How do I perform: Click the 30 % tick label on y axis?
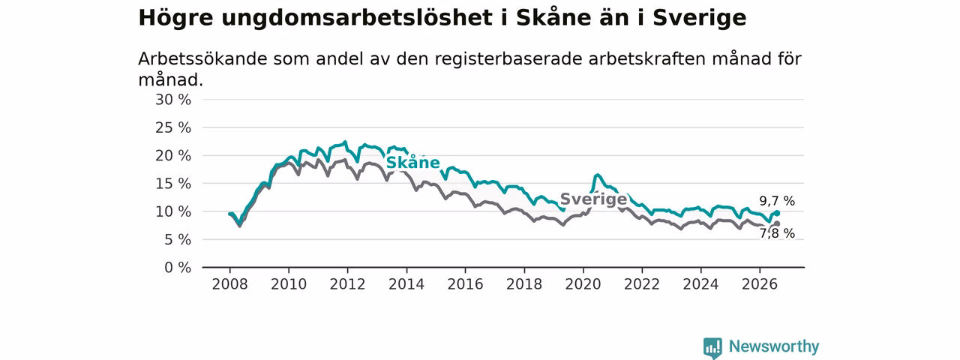pyautogui.click(x=173, y=100)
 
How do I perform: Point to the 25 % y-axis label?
pyautogui.click(x=173, y=127)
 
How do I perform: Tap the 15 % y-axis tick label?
pyautogui.click(x=173, y=184)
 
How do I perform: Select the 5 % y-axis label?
pyautogui.click(x=178, y=240)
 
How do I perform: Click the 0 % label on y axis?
pyautogui.click(x=178, y=268)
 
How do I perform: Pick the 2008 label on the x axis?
pyautogui.click(x=229, y=284)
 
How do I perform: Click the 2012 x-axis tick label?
pyautogui.click(x=347, y=284)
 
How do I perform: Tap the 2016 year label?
pyautogui.click(x=466, y=284)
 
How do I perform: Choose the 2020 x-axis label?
pyautogui.click(x=583, y=284)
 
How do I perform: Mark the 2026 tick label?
pyautogui.click(x=760, y=284)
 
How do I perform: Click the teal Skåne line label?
pyautogui.click(x=413, y=163)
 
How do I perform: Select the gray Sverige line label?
pyautogui.click(x=593, y=199)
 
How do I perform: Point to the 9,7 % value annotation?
pyautogui.click(x=777, y=200)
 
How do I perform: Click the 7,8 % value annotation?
pyautogui.click(x=777, y=233)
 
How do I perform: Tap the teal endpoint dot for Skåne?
pyautogui.click(x=777, y=213)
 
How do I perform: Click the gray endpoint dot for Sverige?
pyautogui.click(x=777, y=223)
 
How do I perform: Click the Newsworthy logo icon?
pyautogui.click(x=712, y=347)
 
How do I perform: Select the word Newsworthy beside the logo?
pyautogui.click(x=774, y=346)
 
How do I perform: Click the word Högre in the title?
pyautogui.click(x=175, y=18)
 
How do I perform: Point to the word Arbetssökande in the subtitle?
pyautogui.click(x=202, y=59)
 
